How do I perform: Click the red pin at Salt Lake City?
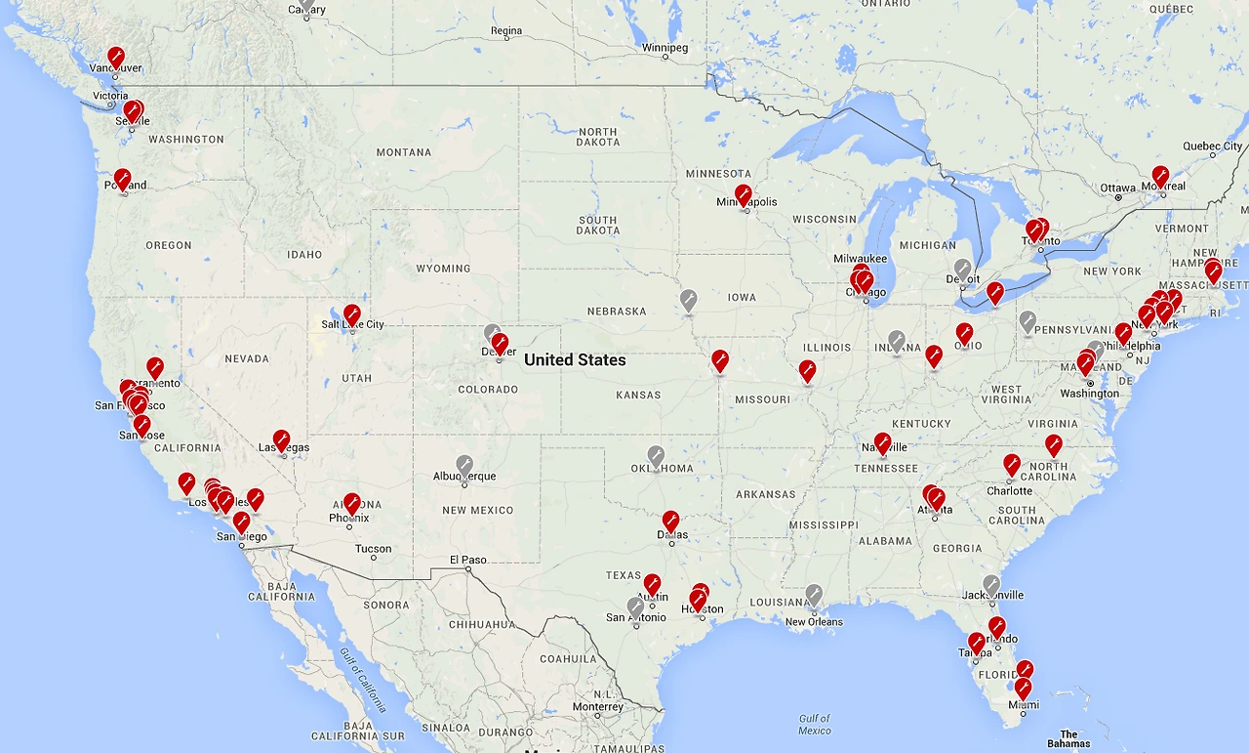coord(351,314)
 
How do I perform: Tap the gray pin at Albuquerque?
coord(464,465)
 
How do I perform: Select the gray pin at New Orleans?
coord(814,594)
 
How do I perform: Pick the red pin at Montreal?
coord(1160,176)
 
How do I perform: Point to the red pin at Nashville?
coord(882,443)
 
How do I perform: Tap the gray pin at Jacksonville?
coord(991,585)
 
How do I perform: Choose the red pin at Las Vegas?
coord(281,440)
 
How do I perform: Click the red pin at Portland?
coord(122,179)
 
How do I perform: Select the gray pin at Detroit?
coord(962,269)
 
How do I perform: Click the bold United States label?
coord(575,359)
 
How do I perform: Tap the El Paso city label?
coord(467,560)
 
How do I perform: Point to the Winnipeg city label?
coord(665,47)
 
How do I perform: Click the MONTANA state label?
coord(403,152)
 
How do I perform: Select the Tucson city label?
coord(373,549)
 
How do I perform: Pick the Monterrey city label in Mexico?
coord(597,706)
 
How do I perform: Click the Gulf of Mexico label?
coord(814,725)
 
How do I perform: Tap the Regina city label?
coord(506,31)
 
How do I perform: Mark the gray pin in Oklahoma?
coord(656,456)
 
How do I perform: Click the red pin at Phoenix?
coord(351,504)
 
